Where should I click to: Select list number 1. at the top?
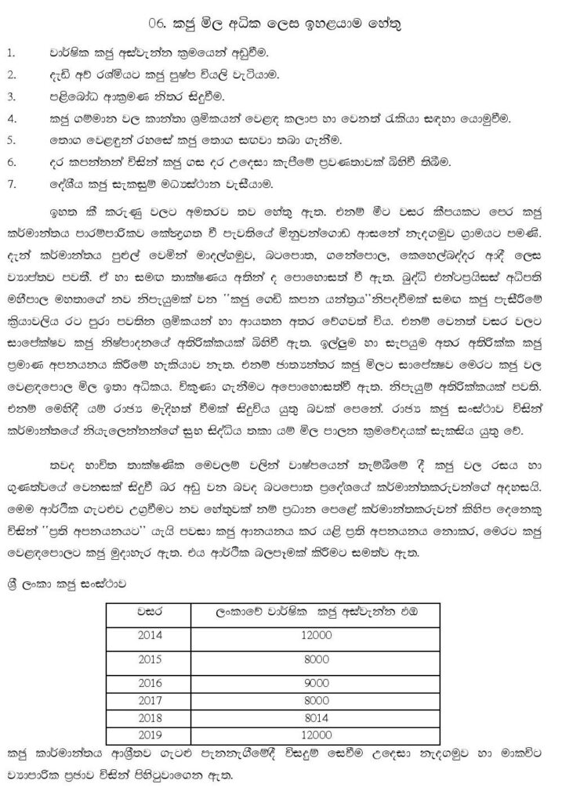pyautogui.click(x=11, y=53)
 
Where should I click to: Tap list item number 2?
pyautogui.click(x=12, y=74)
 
